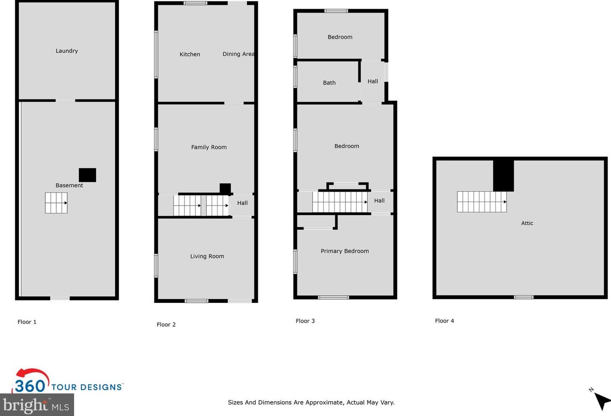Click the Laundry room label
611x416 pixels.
click(67, 51)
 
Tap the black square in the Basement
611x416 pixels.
click(87, 175)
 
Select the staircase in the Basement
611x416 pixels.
click(56, 203)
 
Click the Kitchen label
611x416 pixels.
click(190, 54)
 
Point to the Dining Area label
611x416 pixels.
click(238, 54)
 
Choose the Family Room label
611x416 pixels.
click(208, 147)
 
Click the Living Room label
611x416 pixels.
click(207, 256)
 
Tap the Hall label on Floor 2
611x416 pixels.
click(242, 203)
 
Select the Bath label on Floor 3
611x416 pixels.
click(329, 83)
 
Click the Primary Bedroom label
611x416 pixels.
click(345, 251)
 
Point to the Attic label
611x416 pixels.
click(527, 223)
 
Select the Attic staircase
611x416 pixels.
click(481, 202)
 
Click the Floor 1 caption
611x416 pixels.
click(27, 322)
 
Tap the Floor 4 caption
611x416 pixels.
click(444, 321)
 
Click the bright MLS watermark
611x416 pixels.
click(37, 406)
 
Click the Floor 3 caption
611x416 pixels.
click(305, 321)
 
